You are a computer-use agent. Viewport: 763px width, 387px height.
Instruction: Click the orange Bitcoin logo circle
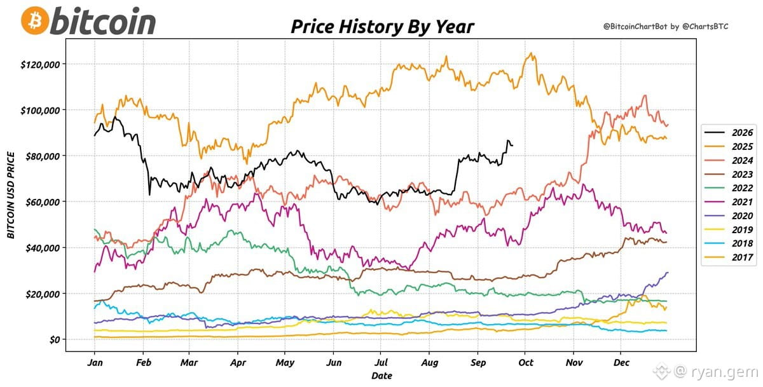pyautogui.click(x=35, y=20)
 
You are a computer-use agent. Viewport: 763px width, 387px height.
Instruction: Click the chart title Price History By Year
pyautogui.click(x=382, y=27)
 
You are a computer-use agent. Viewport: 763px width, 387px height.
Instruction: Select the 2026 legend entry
pyautogui.click(x=729, y=132)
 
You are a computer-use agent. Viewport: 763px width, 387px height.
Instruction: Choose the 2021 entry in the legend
pyautogui.click(x=729, y=202)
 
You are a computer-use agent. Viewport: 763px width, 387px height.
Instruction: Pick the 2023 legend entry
pyautogui.click(x=729, y=174)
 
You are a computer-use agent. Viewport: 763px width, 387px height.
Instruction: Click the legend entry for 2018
pyautogui.click(x=729, y=243)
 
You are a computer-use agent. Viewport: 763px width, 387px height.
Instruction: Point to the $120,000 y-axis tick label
pyautogui.click(x=40, y=65)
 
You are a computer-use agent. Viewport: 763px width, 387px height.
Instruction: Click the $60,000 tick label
pyautogui.click(x=42, y=202)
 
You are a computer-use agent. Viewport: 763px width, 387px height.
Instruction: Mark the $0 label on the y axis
pyautogui.click(x=55, y=340)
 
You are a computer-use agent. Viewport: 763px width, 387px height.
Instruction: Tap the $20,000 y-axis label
pyautogui.click(x=42, y=294)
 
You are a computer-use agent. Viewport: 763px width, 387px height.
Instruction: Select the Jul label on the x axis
pyautogui.click(x=381, y=362)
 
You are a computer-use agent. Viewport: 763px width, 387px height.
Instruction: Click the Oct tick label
pyautogui.click(x=526, y=362)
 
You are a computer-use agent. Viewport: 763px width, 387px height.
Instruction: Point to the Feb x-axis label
pyautogui.click(x=144, y=362)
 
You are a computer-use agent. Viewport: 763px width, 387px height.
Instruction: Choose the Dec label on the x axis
pyautogui.click(x=621, y=362)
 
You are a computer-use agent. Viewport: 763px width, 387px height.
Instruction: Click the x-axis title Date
pyautogui.click(x=381, y=376)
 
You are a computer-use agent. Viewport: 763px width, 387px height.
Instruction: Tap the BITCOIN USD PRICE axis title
pyautogui.click(x=11, y=195)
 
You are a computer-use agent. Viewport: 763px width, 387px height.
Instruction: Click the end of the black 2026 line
pyautogui.click(x=512, y=146)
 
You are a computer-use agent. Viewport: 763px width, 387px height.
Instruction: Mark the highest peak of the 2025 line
pyautogui.click(x=530, y=53)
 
